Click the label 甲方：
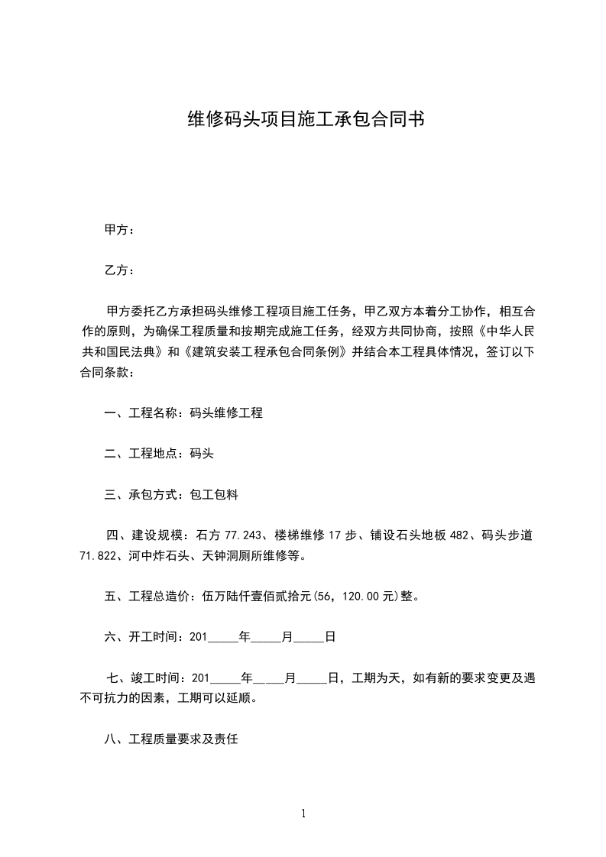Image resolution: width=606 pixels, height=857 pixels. pos(119,230)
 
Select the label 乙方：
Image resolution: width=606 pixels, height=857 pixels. pos(119,270)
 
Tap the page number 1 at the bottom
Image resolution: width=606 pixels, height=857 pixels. pos(303,813)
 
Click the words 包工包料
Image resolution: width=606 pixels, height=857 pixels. pos(213,495)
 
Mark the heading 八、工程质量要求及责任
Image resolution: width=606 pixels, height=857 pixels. pos(171,739)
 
